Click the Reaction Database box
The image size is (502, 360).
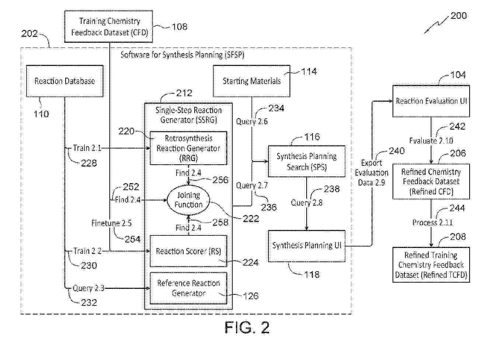point(65,81)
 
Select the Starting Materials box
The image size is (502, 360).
point(251,81)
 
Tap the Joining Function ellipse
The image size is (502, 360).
point(188,200)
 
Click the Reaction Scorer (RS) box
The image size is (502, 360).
point(188,251)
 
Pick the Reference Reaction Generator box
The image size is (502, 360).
point(188,288)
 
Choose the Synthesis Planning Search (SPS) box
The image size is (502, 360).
point(307,161)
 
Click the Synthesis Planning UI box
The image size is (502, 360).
point(307,246)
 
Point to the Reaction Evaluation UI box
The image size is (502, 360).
point(431,101)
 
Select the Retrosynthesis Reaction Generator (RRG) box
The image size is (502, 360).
point(188,148)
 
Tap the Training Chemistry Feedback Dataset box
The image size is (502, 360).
point(109,27)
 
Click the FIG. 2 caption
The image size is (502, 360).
point(247,328)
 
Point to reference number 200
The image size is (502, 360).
point(459,16)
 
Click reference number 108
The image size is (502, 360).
point(179,27)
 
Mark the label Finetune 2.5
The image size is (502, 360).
point(111,223)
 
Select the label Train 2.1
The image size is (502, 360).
point(87,148)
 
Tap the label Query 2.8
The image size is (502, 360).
point(307,203)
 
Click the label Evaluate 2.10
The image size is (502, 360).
point(431,141)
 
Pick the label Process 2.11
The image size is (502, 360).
point(432,223)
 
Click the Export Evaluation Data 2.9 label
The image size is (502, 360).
point(372,172)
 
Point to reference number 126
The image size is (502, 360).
point(251,296)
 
